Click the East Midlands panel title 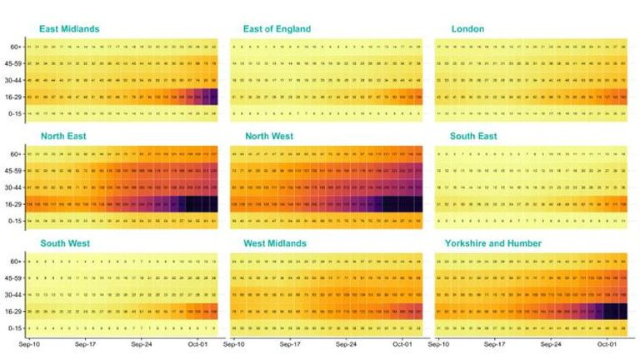pyautogui.click(x=69, y=29)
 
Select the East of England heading pyautogui.click(x=277, y=29)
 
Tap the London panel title pyautogui.click(x=467, y=29)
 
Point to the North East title pyautogui.click(x=63, y=136)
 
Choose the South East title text pyautogui.click(x=475, y=136)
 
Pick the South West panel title pyautogui.click(x=65, y=243)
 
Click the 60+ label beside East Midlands pyautogui.click(x=16, y=47)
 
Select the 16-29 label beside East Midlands pyautogui.click(x=14, y=97)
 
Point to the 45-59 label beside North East pyautogui.click(x=14, y=171)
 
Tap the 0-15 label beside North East pyautogui.click(x=15, y=221)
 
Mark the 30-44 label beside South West pyautogui.click(x=14, y=295)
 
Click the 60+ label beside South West pyautogui.click(x=16, y=262)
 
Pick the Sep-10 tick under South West pyautogui.click(x=30, y=342)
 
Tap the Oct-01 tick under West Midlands pyautogui.click(x=402, y=342)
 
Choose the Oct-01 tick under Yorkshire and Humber pyautogui.click(x=607, y=342)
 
